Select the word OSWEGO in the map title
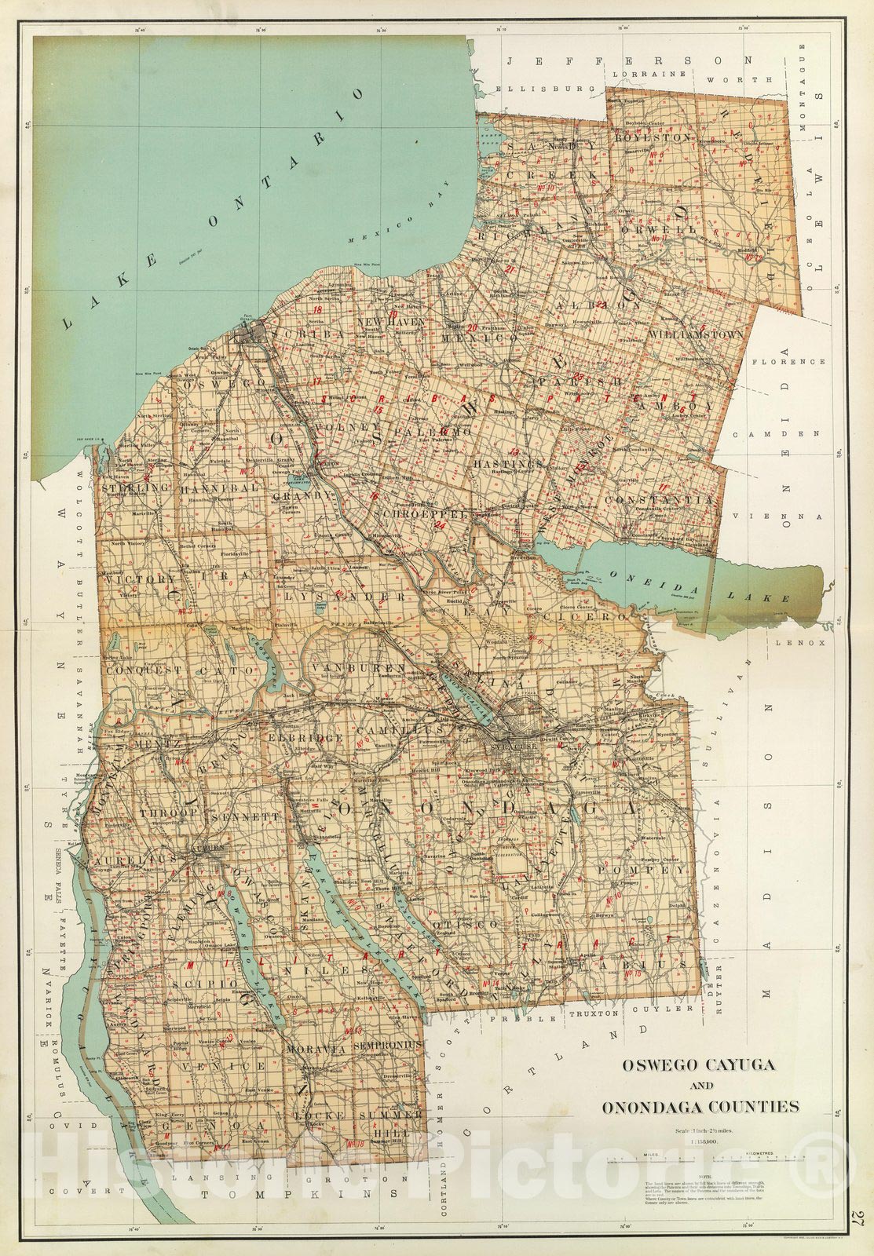[x=651, y=1065]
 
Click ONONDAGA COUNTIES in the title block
[x=700, y=1107]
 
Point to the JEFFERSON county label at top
[x=629, y=61]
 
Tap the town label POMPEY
[x=642, y=871]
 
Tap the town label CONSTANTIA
[x=660, y=499]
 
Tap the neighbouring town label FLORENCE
[x=788, y=362]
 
